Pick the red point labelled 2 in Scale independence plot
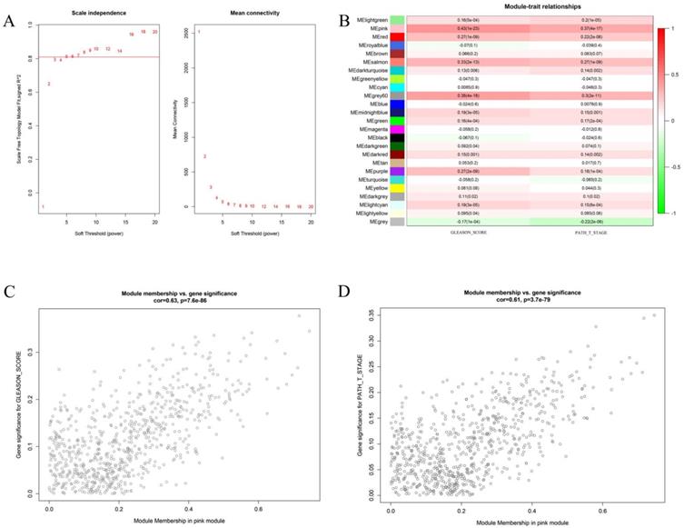click(48, 85)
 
